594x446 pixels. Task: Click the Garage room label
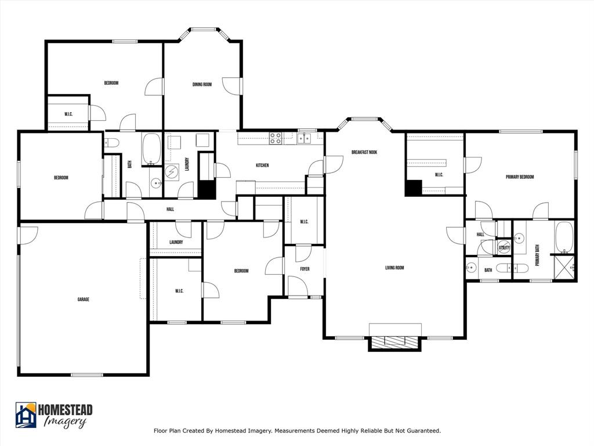point(83,300)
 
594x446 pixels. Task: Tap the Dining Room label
point(202,85)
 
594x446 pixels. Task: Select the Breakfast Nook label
point(364,152)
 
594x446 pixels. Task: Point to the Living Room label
point(394,268)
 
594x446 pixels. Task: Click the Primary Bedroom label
point(520,177)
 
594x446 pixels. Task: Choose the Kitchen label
point(262,166)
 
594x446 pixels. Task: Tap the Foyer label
point(305,269)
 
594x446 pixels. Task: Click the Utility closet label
point(504,248)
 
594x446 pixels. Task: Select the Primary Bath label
point(537,255)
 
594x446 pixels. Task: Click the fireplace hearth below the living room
point(394,343)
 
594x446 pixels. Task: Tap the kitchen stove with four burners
point(276,138)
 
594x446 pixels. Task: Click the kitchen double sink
point(305,138)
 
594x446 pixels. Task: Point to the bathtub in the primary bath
point(564,236)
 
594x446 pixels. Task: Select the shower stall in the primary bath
point(564,268)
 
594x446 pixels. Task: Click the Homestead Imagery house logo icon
point(26,415)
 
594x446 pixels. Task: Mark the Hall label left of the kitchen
point(170,210)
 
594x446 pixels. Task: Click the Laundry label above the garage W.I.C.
point(176,242)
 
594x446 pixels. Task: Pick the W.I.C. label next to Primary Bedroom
point(439,175)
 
